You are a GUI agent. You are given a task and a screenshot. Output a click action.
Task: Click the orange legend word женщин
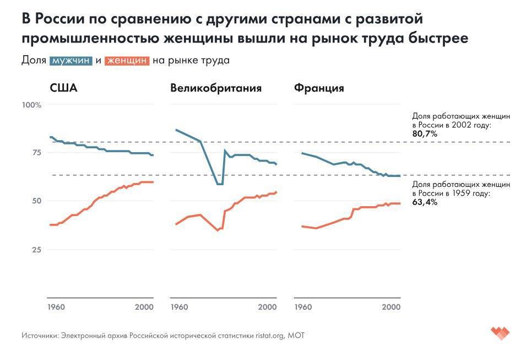[x=127, y=61]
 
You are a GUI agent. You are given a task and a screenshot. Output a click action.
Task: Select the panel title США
[x=63, y=88]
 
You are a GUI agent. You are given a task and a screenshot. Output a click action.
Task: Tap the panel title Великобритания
[x=216, y=88]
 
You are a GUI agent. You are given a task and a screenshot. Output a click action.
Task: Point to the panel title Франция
[x=319, y=88]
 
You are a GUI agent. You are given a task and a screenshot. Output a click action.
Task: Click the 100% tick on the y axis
[x=31, y=105]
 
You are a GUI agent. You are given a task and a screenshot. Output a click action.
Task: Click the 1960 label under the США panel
[x=57, y=307]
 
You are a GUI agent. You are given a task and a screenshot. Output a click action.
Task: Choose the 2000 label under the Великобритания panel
[x=268, y=307]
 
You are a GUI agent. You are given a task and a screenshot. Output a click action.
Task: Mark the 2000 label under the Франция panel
[x=391, y=307]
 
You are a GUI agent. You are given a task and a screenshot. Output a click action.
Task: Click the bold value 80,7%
[x=425, y=134]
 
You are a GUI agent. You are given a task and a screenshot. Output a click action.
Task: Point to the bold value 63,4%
[x=425, y=202]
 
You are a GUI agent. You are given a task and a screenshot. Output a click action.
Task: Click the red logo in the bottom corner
[x=500, y=332]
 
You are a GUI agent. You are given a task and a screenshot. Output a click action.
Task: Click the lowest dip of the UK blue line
[x=220, y=184]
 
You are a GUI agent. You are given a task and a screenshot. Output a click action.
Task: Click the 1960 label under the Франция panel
[x=303, y=307]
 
